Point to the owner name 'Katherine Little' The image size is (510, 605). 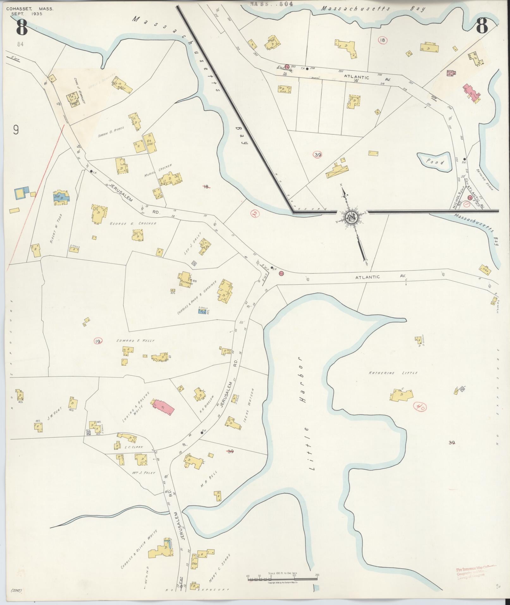coord(393,373)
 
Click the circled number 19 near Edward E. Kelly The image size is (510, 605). coord(98,341)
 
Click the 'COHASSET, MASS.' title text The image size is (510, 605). coord(30,9)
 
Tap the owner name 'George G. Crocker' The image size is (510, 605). coord(133,223)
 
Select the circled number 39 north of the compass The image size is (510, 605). coord(317,155)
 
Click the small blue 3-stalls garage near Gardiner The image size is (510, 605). coord(200,311)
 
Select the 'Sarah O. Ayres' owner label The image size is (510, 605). coord(111,132)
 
